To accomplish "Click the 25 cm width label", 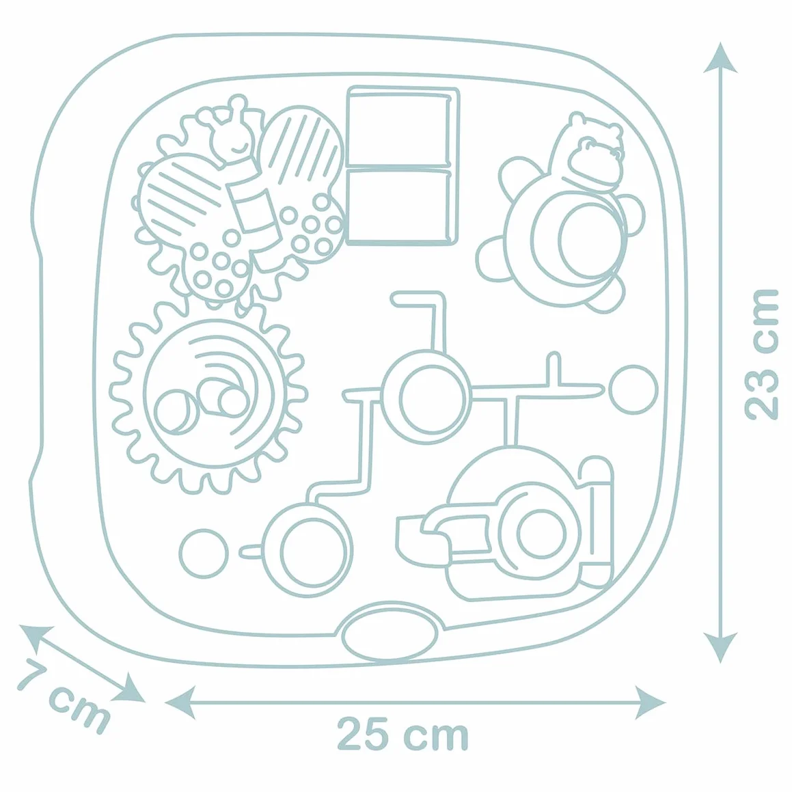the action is click(403, 734).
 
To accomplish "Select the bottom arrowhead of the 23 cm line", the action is click(720, 648).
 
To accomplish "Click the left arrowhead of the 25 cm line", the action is click(180, 702).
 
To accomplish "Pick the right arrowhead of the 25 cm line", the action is click(651, 702).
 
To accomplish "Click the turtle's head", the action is click(596, 156).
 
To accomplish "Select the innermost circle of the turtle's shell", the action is click(590, 241).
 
